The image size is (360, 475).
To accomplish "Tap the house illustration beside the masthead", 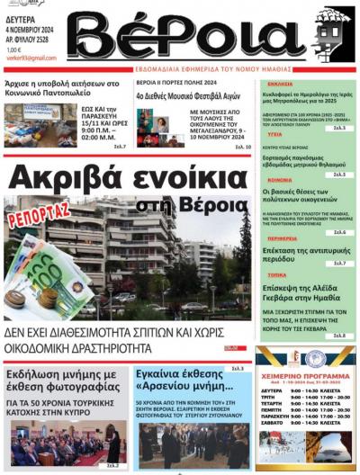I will [332, 33].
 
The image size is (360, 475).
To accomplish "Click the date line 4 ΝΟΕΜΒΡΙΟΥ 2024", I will [30, 27].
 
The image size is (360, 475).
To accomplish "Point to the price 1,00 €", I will [14, 49].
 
